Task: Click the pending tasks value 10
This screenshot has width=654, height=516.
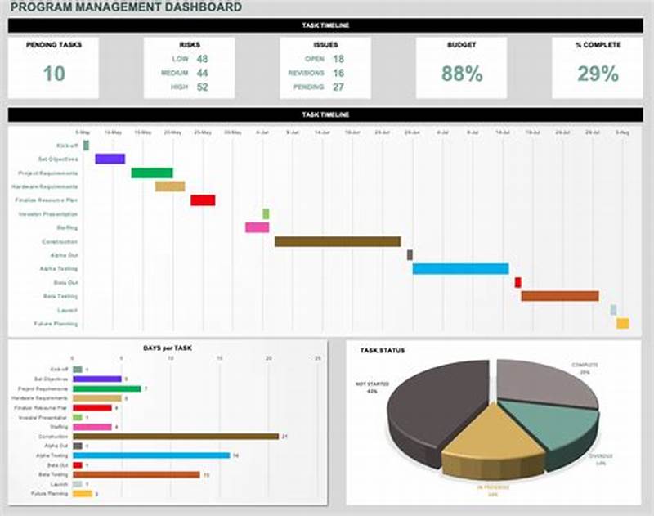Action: tap(54, 74)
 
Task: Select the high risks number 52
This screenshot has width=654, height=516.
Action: tap(202, 87)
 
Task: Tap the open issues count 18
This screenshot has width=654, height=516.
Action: tap(338, 59)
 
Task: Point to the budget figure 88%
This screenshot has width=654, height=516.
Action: tap(462, 74)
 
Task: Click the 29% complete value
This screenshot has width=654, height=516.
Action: tap(598, 74)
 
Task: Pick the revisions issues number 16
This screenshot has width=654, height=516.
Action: tap(338, 73)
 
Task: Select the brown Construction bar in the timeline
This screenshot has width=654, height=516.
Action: tap(338, 241)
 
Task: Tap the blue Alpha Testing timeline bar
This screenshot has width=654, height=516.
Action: tap(460, 268)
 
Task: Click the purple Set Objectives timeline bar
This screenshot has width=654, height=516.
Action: tap(110, 159)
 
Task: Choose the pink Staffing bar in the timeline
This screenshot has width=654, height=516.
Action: tap(257, 227)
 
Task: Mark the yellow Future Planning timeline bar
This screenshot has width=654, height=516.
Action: tap(622, 324)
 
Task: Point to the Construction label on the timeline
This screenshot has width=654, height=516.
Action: tap(60, 242)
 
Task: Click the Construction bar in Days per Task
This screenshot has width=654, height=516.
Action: tap(176, 437)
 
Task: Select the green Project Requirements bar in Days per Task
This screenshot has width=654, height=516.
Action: tap(107, 388)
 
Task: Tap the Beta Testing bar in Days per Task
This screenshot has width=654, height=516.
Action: tap(137, 474)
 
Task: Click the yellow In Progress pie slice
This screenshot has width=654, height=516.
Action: tap(490, 442)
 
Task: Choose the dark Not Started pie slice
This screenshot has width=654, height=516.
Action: tap(433, 409)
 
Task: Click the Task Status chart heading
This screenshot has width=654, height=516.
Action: tap(382, 350)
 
